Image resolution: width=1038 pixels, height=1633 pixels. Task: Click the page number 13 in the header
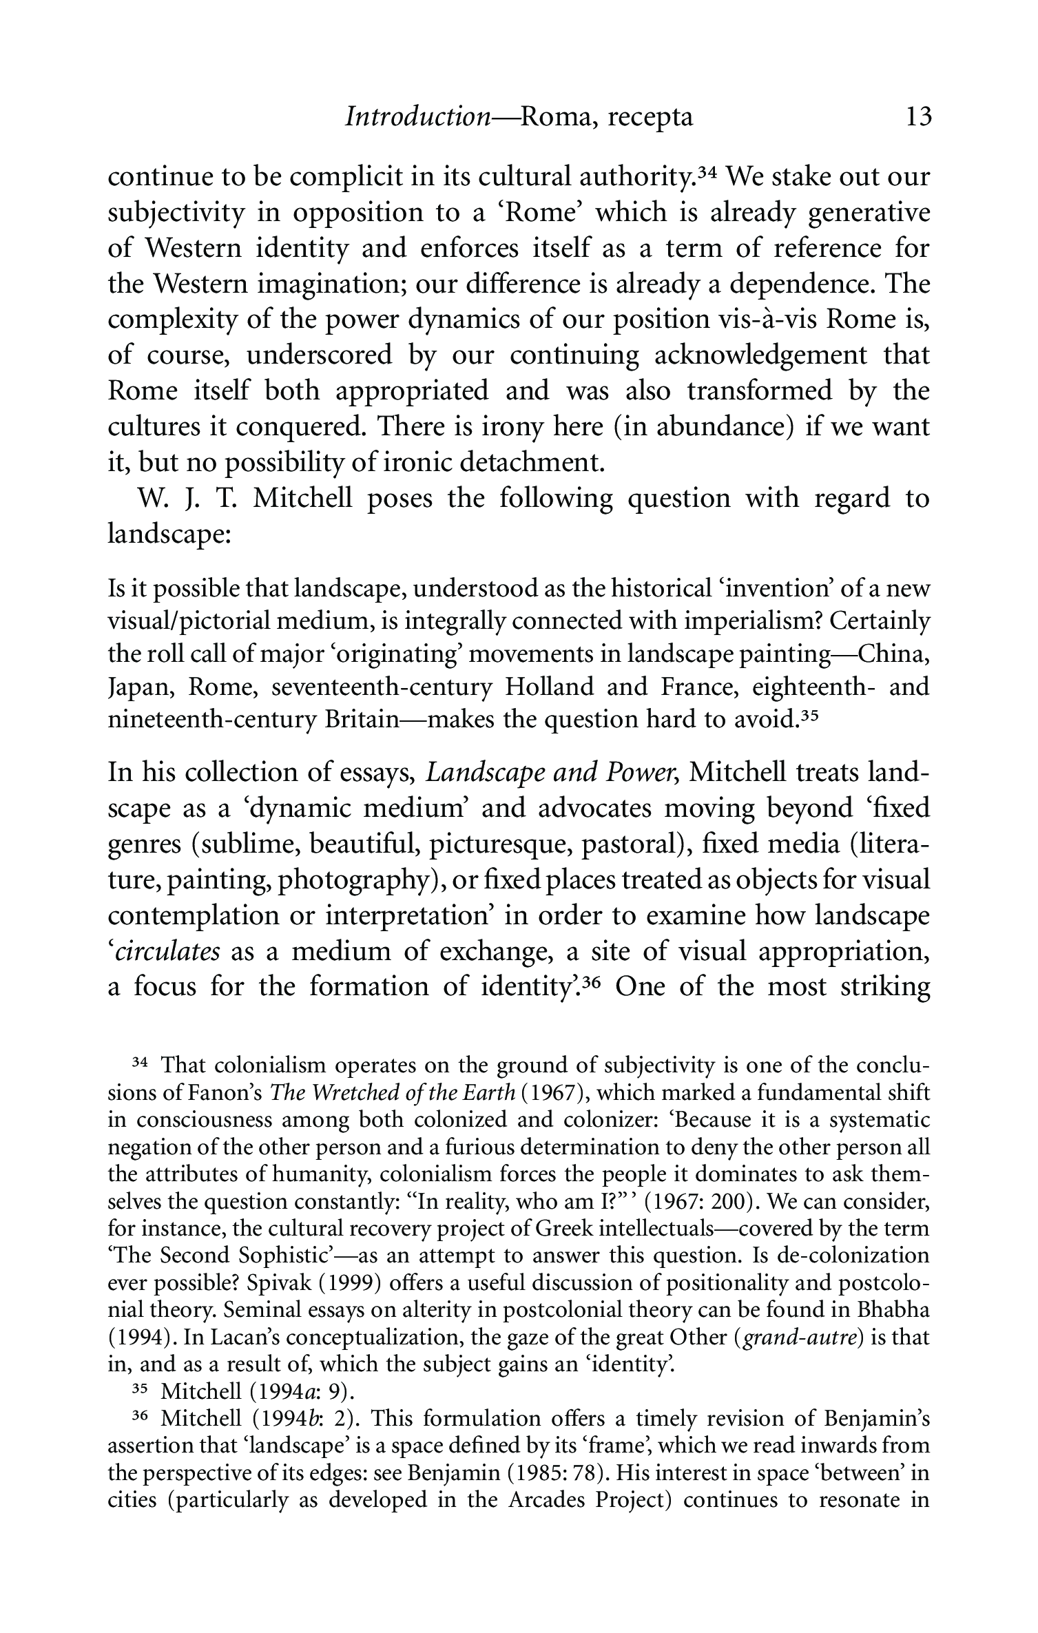[919, 118]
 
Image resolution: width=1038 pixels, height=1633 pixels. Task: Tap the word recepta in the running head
[651, 118]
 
